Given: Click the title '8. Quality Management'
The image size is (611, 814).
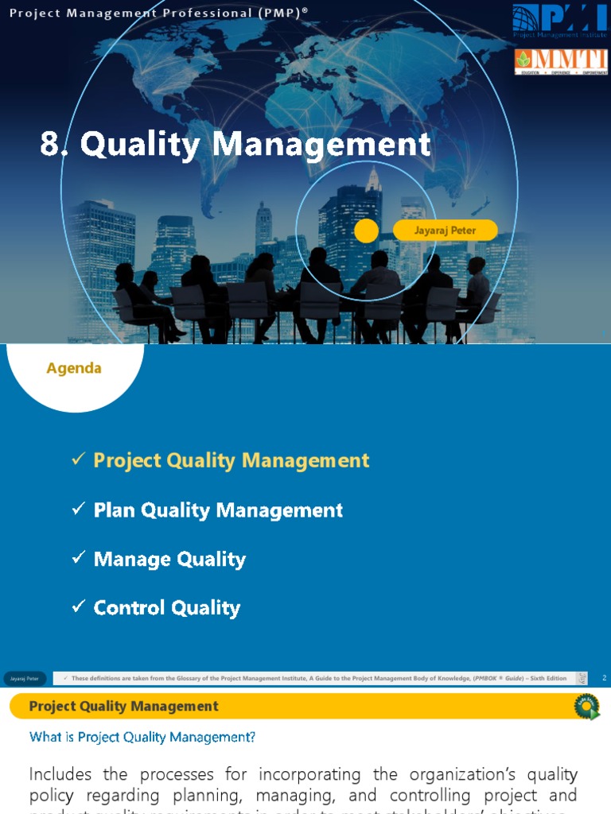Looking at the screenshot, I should (x=235, y=145).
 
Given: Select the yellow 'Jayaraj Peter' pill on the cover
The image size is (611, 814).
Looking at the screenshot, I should (x=446, y=231).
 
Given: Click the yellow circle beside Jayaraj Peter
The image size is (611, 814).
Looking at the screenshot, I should (x=366, y=231).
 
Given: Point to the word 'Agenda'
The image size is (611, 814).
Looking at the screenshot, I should (x=74, y=368).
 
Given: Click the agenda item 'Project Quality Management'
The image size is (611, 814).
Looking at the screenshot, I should (x=232, y=460).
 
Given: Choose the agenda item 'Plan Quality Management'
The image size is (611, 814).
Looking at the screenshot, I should (x=218, y=510).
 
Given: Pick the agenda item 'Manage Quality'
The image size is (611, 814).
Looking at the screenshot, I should (x=169, y=560).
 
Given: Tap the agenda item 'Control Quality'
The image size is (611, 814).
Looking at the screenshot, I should (x=166, y=608).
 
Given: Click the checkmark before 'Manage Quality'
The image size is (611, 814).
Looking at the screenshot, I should (x=78, y=559).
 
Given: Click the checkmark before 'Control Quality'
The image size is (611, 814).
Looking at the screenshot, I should (x=78, y=607).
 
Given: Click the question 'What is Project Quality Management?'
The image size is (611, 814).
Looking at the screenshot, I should (x=142, y=737).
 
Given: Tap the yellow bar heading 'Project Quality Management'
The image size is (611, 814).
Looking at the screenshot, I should (x=123, y=706).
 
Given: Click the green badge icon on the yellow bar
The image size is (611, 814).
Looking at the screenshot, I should (x=587, y=706).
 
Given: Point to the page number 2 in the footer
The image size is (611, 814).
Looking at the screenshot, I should (x=605, y=678).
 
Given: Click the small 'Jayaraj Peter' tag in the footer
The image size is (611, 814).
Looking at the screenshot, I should (x=25, y=678).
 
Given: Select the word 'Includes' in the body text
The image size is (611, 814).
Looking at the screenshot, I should (x=60, y=774).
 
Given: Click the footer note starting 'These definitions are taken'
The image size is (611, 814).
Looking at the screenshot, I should (x=318, y=678).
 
